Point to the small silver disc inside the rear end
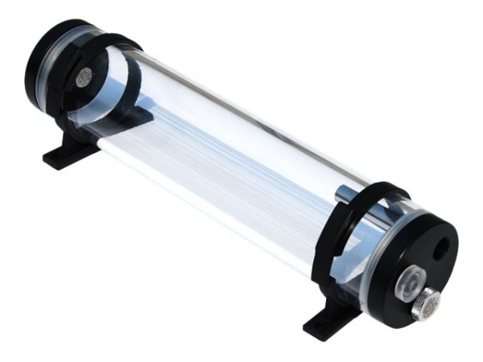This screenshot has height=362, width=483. [84, 77]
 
